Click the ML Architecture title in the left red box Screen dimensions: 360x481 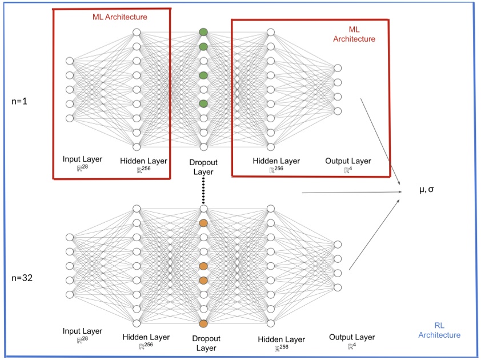coord(120,17)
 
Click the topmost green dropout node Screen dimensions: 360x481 coord(203,32)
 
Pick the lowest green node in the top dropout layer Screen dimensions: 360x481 coord(203,103)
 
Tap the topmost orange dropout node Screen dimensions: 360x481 coord(203,223)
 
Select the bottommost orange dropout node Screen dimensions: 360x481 coord(203,323)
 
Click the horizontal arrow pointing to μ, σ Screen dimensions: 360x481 coord(348,193)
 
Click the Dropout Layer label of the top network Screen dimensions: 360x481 coord(203,167)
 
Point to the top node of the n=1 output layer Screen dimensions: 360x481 coord(338,68)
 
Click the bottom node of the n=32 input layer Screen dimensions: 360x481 coord(70,294)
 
